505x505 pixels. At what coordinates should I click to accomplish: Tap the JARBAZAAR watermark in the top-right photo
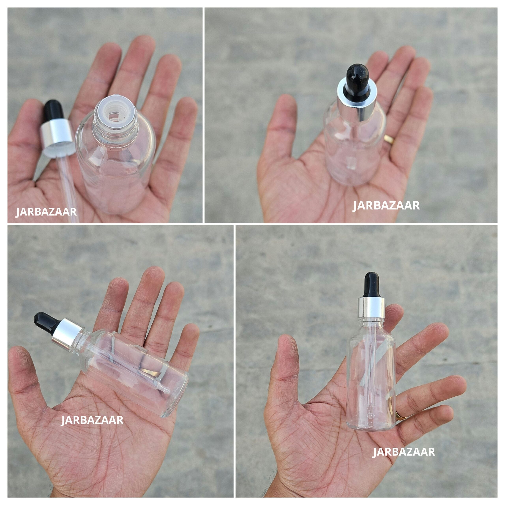pyautogui.click(x=386, y=206)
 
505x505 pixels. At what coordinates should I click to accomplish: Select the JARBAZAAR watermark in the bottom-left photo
pyautogui.click(x=92, y=420)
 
